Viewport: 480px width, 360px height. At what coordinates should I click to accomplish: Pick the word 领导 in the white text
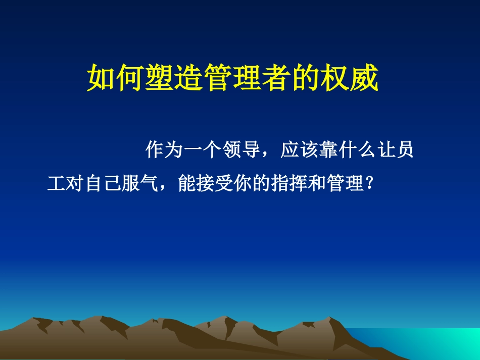[242, 150]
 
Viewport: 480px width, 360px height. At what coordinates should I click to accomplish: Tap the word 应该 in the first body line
[299, 150]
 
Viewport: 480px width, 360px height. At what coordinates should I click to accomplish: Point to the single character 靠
[328, 150]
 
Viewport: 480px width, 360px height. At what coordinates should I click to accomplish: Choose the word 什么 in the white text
[357, 150]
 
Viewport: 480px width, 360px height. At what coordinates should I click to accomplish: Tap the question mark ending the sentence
[370, 184]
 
